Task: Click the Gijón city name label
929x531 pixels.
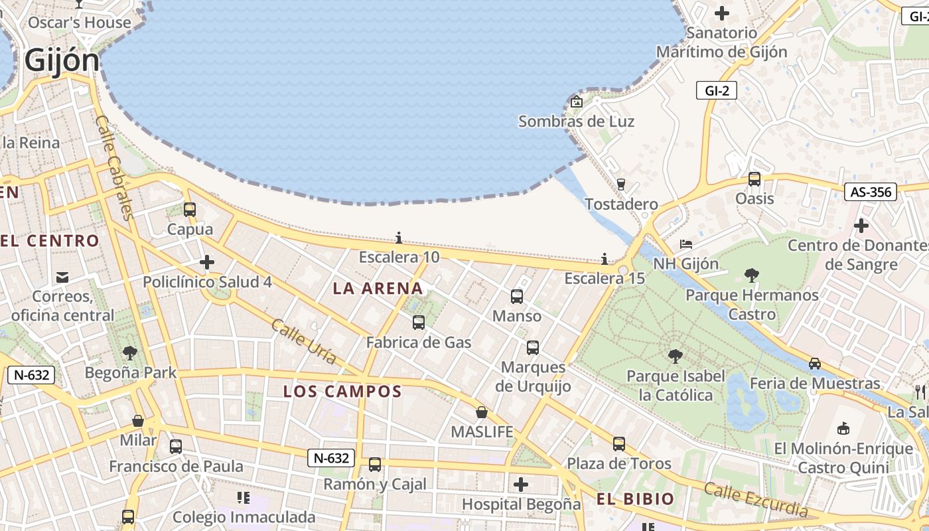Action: click(x=62, y=60)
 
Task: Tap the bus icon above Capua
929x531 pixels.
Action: click(x=190, y=210)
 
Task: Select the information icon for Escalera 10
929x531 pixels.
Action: click(x=399, y=238)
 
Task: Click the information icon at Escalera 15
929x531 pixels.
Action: click(x=605, y=259)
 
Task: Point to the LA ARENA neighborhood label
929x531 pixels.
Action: click(x=378, y=288)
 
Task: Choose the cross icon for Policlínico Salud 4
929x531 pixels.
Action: click(x=207, y=262)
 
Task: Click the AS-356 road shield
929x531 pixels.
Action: click(x=871, y=192)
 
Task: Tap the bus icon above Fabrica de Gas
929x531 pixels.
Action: click(x=419, y=323)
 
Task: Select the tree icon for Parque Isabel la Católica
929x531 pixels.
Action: click(x=676, y=356)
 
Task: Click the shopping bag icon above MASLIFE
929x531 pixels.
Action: click(x=482, y=412)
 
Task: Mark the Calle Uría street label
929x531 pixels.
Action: click(x=304, y=342)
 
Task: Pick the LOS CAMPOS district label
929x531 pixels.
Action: click(x=342, y=392)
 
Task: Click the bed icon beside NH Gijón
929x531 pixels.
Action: click(x=686, y=245)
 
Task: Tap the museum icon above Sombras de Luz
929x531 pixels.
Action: click(x=577, y=102)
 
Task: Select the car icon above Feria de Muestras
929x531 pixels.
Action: click(x=815, y=364)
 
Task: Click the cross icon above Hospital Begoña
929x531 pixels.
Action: click(x=521, y=485)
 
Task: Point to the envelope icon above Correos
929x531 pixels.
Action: click(x=62, y=277)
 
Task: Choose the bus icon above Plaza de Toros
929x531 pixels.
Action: click(x=619, y=444)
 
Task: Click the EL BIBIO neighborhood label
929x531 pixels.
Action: click(x=635, y=499)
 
